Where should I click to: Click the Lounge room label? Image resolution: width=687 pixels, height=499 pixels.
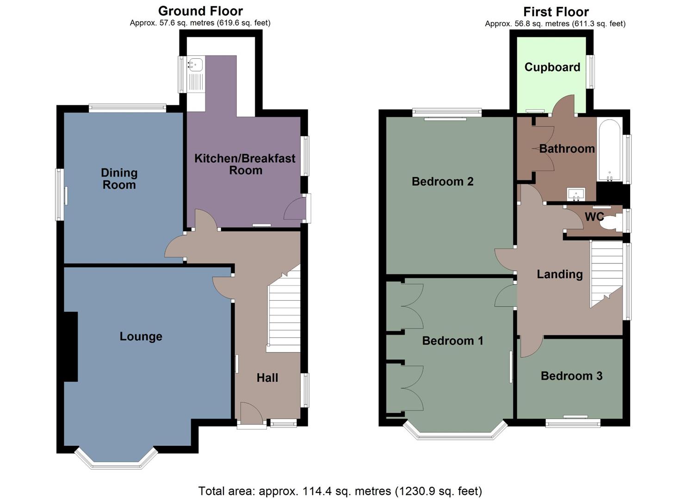(141, 336)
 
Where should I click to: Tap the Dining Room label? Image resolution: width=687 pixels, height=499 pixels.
(119, 179)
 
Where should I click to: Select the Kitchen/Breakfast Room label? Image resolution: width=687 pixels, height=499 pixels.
(245, 164)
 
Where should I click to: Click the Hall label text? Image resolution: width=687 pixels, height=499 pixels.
(267, 378)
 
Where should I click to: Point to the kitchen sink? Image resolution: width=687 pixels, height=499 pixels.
(196, 65)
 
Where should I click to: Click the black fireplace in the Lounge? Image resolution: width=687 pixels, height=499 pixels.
(70, 347)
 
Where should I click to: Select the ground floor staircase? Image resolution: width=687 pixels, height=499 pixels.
(284, 314)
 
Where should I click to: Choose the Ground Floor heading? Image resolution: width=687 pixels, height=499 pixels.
(200, 11)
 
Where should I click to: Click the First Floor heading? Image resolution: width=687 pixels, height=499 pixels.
(556, 12)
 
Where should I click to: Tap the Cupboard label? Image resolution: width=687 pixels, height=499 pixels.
(552, 67)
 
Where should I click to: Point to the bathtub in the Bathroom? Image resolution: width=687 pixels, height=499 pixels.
(609, 150)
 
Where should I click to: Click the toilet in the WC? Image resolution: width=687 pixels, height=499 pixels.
(611, 223)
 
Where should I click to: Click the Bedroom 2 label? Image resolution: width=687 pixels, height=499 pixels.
(442, 182)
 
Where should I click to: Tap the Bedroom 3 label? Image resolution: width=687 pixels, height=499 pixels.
(571, 376)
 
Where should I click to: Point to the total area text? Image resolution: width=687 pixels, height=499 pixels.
(340, 491)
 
